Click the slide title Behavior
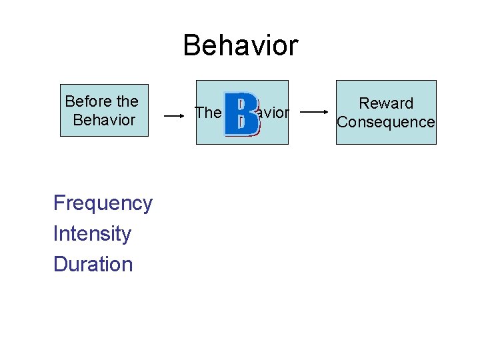coord(240,46)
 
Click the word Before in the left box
coord(88,102)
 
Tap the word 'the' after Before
coord(127,102)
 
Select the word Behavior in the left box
coord(105,121)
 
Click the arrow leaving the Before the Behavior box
coord(174,115)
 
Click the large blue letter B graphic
coord(241,114)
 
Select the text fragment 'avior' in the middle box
coord(273,113)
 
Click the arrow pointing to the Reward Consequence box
coord(317,113)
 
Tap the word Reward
coord(386,103)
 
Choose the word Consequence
coord(386,122)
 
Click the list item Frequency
coord(103,203)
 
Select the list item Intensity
coord(92,234)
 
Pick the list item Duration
coord(93,265)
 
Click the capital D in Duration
coord(59,265)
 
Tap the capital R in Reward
coord(364,103)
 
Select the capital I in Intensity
coord(55,234)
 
